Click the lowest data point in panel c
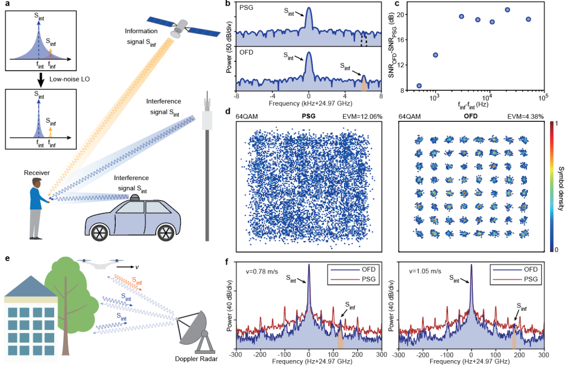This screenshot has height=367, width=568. [419, 86]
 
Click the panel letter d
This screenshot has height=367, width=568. [227, 112]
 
